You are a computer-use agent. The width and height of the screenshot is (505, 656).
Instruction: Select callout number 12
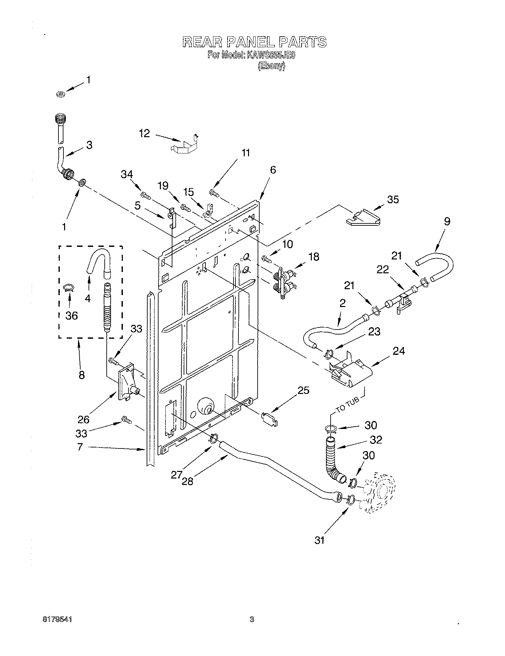point(144,134)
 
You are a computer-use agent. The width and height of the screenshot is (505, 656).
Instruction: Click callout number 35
point(393,199)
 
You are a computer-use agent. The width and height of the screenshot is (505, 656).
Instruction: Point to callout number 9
point(447,221)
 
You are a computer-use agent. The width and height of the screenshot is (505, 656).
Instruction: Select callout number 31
point(319,540)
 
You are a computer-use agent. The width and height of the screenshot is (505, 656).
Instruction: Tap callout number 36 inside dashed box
point(71,315)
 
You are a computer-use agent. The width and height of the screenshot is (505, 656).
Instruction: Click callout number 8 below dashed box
point(82,375)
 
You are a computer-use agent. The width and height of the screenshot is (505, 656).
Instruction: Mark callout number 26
point(83,419)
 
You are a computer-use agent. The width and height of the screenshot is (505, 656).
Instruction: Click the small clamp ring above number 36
point(68,288)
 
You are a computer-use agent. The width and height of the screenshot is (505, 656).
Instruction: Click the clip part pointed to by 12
point(184,144)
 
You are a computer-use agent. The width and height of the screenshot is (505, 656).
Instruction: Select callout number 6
point(272,170)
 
